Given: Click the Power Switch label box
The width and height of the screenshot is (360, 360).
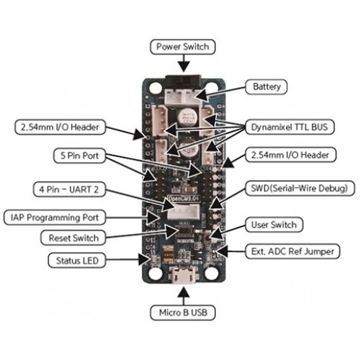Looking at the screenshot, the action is pyautogui.click(x=182, y=47).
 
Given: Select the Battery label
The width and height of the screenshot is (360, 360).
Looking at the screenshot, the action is pyautogui.click(x=266, y=86).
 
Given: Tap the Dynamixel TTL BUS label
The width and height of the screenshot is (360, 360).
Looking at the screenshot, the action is pyautogui.click(x=289, y=127).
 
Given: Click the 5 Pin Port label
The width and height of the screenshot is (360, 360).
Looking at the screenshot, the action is pyautogui.click(x=79, y=156).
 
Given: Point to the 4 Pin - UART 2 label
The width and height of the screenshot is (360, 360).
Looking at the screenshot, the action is pyautogui.click(x=69, y=189).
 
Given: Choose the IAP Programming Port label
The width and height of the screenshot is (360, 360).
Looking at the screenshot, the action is pyautogui.click(x=55, y=217).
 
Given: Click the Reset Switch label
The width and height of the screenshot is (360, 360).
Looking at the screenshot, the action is pyautogui.click(x=73, y=238).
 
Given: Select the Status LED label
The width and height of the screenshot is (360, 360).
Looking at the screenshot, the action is pyautogui.click(x=77, y=261).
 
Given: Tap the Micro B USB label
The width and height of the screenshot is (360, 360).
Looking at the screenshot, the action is pyautogui.click(x=183, y=312).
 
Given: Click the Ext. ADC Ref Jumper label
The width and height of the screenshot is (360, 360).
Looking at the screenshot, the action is pyautogui.click(x=292, y=251).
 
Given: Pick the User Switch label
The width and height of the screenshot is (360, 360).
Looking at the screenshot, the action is pyautogui.click(x=274, y=225).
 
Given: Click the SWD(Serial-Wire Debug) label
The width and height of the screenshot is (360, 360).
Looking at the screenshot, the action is pyautogui.click(x=300, y=189).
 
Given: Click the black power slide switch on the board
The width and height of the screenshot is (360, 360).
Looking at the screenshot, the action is pyautogui.click(x=183, y=82).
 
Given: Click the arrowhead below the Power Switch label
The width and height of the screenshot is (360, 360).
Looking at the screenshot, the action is pyautogui.click(x=184, y=66).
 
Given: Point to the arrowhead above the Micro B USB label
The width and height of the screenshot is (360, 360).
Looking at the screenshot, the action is pyautogui.click(x=184, y=292).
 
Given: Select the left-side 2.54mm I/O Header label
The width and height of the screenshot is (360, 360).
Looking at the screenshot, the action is pyautogui.click(x=60, y=127).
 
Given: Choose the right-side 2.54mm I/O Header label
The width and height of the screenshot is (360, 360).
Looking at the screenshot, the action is pyautogui.click(x=290, y=155).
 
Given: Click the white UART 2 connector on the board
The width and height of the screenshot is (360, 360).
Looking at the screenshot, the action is pyautogui.click(x=184, y=212).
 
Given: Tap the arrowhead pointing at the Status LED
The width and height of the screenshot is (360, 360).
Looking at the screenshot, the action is pyautogui.click(x=145, y=260).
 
